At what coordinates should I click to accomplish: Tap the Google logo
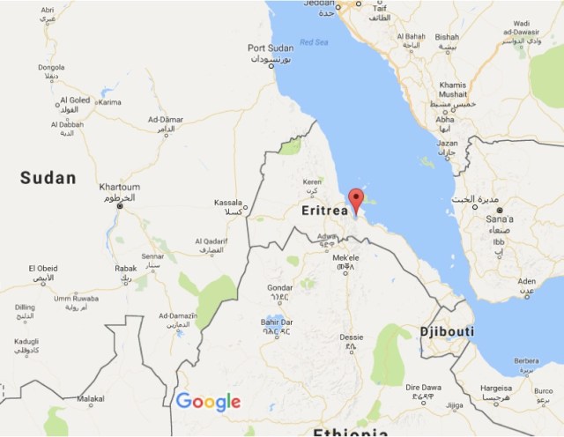coord(208,402)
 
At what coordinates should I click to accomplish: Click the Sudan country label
coord(48,178)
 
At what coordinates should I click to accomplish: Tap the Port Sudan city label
coord(269,48)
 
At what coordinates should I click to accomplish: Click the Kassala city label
coord(228,203)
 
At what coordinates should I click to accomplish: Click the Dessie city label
coord(351,337)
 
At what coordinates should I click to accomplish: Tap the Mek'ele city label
coord(345,257)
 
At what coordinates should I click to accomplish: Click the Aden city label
coord(527,281)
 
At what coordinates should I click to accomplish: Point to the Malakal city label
coord(91,398)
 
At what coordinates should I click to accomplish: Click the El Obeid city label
coord(42,268)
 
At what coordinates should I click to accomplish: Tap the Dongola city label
coord(51,67)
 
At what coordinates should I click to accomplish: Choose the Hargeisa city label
coord(496,387)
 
